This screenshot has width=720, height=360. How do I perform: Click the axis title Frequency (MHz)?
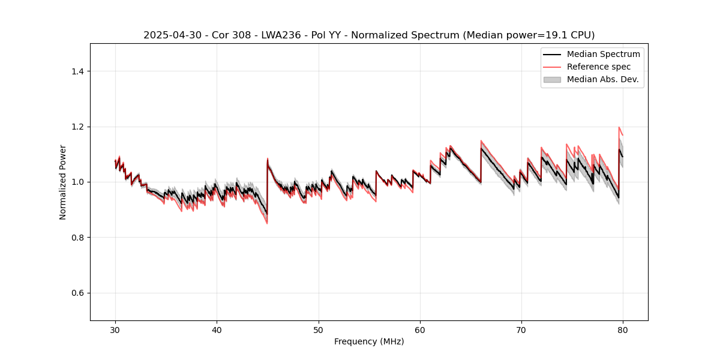[369, 341]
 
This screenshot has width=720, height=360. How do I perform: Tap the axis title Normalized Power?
[63, 182]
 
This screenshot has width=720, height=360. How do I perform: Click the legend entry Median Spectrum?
[603, 54]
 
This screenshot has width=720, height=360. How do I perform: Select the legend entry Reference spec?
[598, 67]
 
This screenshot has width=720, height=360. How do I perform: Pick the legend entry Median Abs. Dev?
[602, 79]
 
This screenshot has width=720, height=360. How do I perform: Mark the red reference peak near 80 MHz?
[619, 127]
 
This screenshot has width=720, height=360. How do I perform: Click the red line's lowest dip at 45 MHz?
[267, 224]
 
